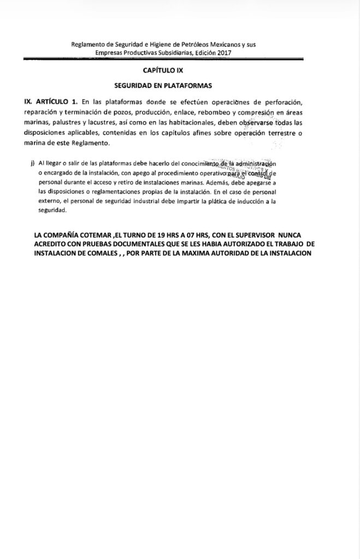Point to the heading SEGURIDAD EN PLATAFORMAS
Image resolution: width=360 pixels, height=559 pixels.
pos(162,86)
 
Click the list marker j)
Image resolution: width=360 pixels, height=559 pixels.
pos(34,164)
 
